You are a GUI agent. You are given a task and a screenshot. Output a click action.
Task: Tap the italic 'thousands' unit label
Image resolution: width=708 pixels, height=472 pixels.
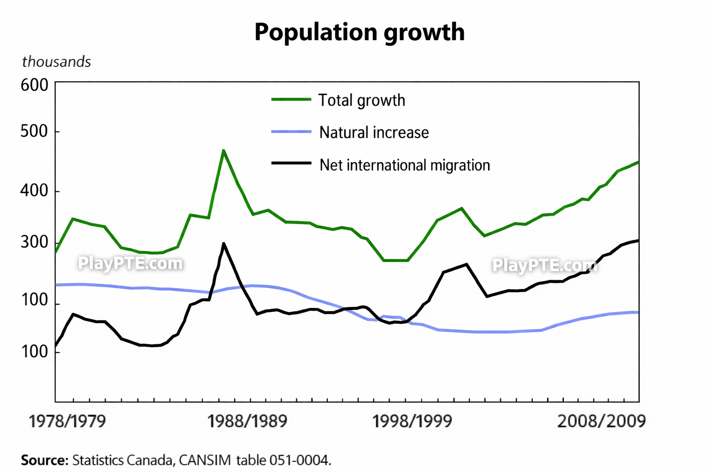[56, 62]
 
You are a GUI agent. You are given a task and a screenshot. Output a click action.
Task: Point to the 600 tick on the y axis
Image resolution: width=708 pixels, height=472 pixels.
[34, 85]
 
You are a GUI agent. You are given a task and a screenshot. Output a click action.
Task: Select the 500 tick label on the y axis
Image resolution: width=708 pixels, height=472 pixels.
[34, 131]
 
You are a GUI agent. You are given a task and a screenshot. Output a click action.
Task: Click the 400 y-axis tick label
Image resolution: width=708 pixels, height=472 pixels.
[34, 190]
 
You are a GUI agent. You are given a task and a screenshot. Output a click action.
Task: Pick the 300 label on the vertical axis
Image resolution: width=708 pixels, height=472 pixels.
[34, 242]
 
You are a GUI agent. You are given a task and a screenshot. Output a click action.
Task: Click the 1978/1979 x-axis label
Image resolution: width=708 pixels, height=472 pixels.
[67, 421]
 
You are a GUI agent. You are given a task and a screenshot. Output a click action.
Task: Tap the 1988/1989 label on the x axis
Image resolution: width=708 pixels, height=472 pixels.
[247, 421]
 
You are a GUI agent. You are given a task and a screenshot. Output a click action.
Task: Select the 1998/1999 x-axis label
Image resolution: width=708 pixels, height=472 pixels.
[412, 421]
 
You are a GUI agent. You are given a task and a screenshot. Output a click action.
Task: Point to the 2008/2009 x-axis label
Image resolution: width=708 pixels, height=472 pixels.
[602, 421]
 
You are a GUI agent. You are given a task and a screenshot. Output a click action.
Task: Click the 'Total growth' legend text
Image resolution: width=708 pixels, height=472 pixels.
[362, 100]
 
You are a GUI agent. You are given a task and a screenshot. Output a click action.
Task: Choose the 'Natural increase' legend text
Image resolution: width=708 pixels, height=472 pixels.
[374, 133]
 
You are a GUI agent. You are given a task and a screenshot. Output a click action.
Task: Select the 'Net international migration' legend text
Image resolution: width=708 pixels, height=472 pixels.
[405, 165]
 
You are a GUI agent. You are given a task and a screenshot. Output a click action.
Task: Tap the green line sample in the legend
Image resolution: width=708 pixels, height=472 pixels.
[291, 99]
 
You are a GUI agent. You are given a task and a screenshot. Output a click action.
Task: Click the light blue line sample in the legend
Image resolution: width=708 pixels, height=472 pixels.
[291, 132]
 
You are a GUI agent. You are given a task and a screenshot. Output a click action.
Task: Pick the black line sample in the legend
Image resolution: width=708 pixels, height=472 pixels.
[291, 163]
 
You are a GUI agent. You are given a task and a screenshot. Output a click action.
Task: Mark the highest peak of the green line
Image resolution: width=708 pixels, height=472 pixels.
[224, 150]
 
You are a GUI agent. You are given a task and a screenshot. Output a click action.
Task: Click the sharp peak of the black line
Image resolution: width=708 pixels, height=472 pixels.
[224, 243]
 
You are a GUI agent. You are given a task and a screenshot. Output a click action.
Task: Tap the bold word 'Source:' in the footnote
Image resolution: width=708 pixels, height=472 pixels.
[45, 460]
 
